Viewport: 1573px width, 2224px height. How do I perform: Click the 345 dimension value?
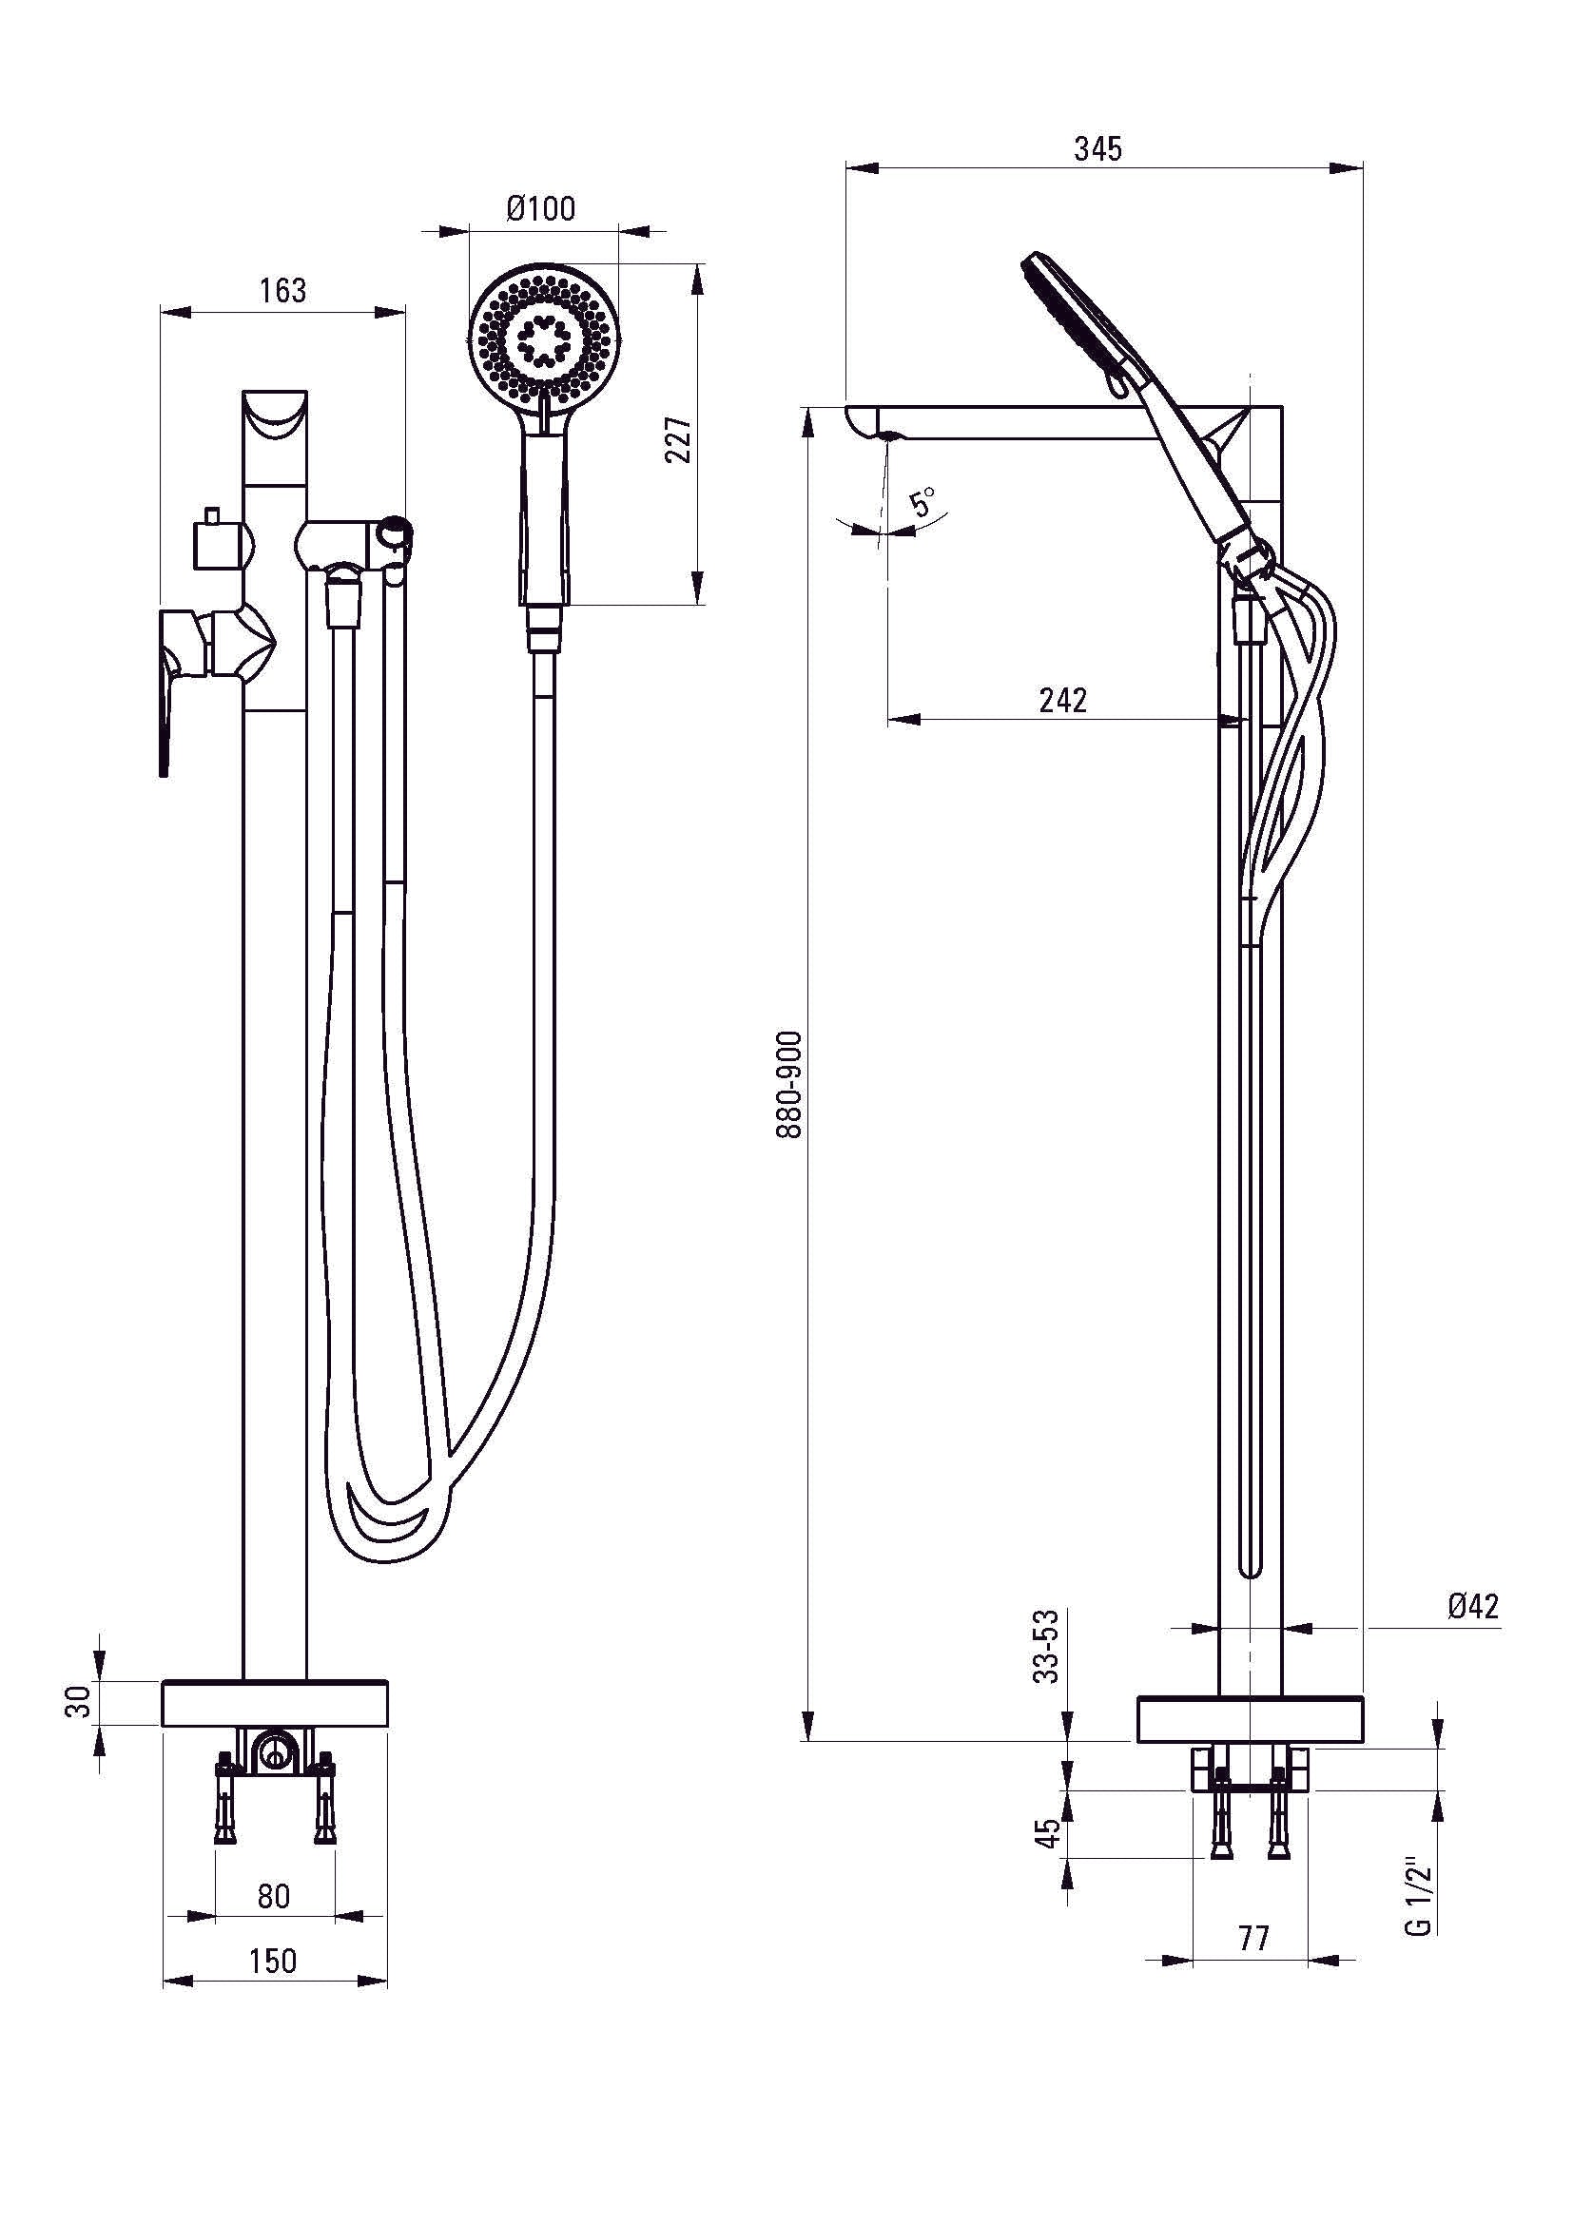[x=1097, y=149]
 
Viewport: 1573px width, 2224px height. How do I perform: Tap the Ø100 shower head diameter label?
[x=540, y=208]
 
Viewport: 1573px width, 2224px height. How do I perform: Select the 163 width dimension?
[x=282, y=291]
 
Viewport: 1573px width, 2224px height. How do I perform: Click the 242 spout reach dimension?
[x=1062, y=700]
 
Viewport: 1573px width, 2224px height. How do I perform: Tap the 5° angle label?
[x=923, y=502]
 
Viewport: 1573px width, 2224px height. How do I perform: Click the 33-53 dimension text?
[x=1047, y=1646]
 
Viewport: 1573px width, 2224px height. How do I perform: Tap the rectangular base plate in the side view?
[x=1250, y=1718]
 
